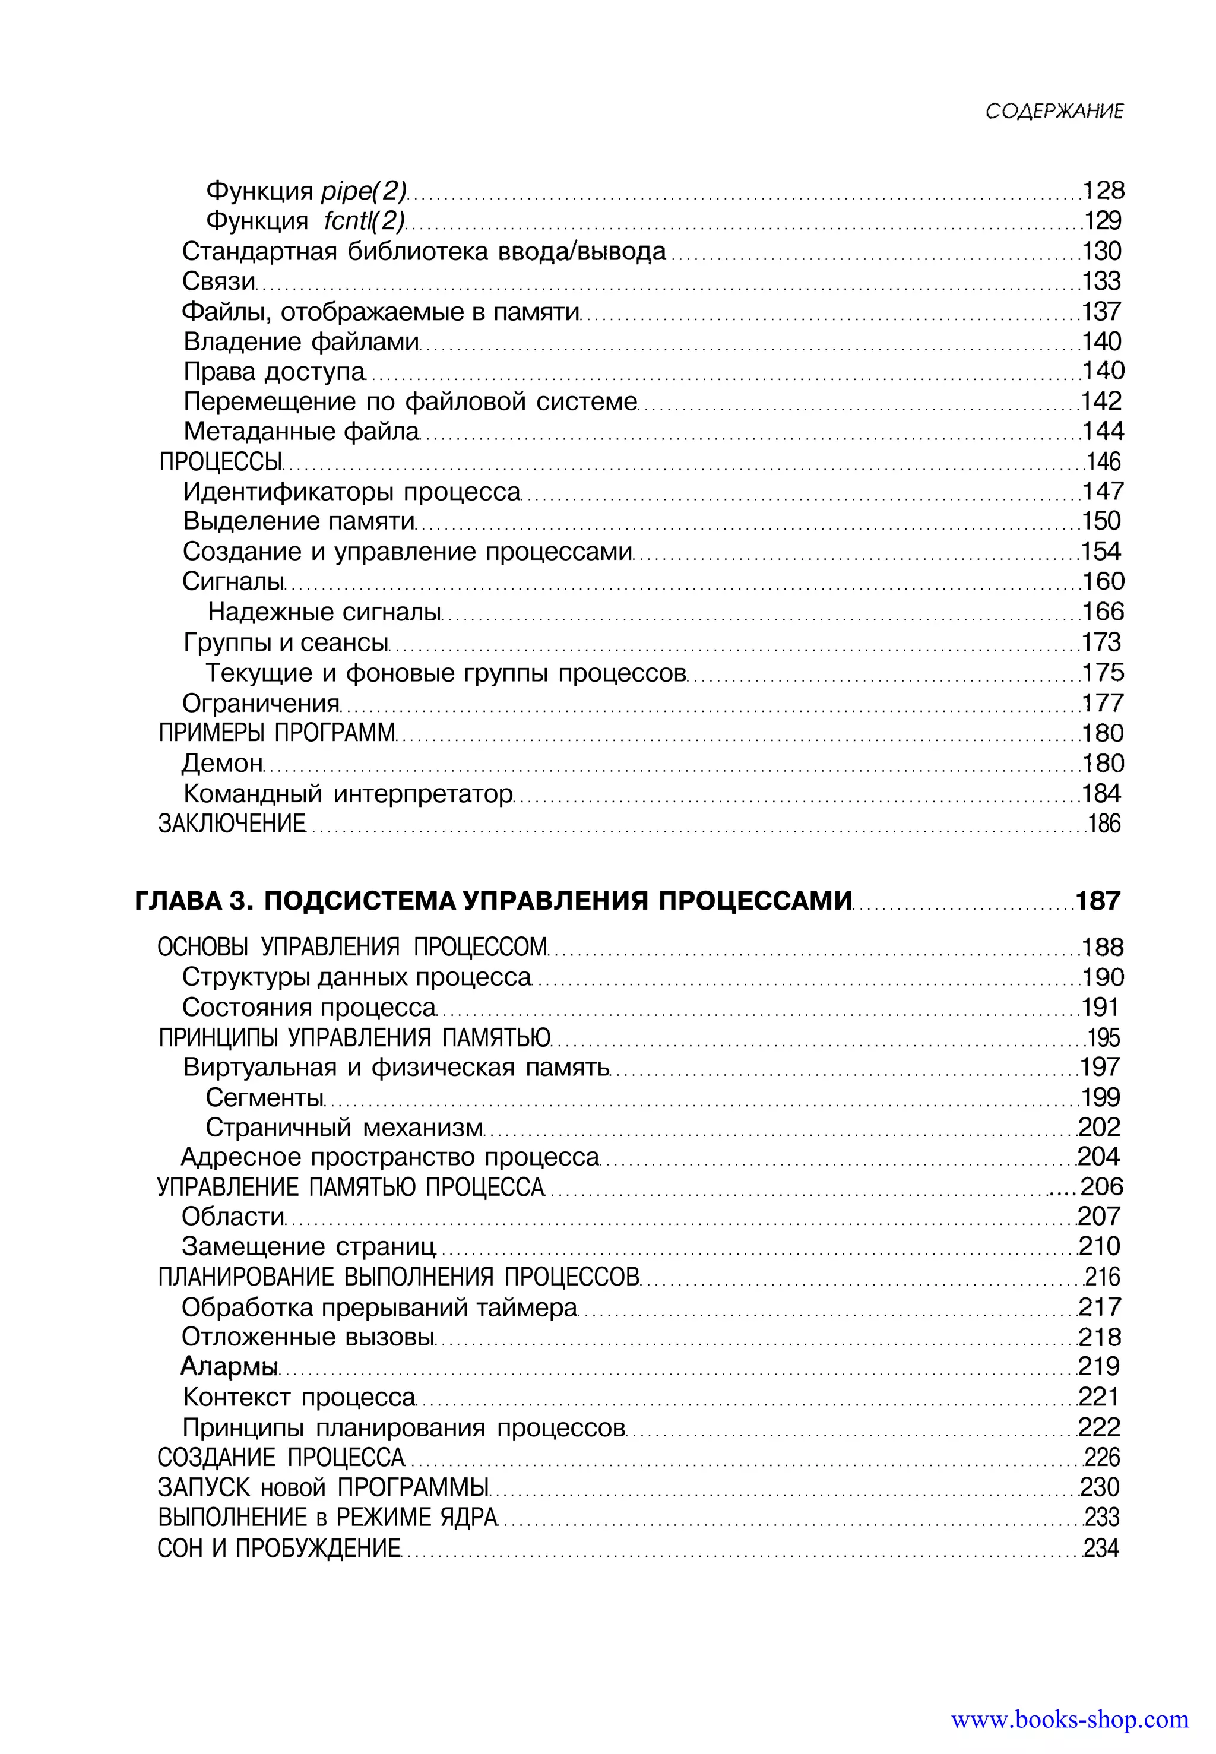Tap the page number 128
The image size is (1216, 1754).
pos(1103,191)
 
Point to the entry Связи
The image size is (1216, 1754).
pos(218,281)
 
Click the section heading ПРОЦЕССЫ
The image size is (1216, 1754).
pos(221,462)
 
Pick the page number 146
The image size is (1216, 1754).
pos(1104,462)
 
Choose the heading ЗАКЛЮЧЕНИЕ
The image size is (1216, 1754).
pos(232,824)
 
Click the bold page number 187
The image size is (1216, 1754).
pos(1098,901)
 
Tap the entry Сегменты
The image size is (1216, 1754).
pos(264,1098)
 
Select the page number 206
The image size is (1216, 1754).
pos(1102,1187)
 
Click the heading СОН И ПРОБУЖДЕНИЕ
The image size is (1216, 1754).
pos(279,1549)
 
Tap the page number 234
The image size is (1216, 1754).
pos(1102,1549)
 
